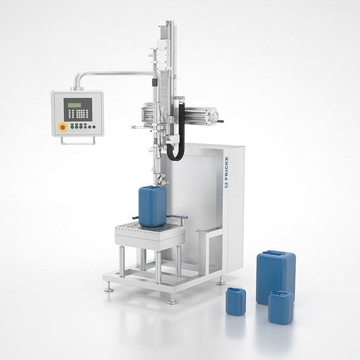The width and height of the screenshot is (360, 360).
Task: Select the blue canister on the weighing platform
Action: click(x=152, y=205)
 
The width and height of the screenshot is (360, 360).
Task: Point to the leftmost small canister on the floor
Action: click(x=235, y=301)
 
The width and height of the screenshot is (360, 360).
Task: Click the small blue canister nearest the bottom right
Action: click(x=280, y=307)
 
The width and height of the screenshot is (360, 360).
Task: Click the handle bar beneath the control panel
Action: click(x=77, y=142)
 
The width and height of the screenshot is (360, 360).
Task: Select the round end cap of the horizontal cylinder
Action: click(x=212, y=116)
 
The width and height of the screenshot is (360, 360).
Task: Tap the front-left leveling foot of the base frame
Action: click(x=109, y=288)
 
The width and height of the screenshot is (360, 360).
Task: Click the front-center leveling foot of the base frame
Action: click(x=172, y=300)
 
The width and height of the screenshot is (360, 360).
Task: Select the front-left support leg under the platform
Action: click(x=122, y=261)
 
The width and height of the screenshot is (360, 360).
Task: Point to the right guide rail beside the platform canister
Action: click(x=178, y=217)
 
